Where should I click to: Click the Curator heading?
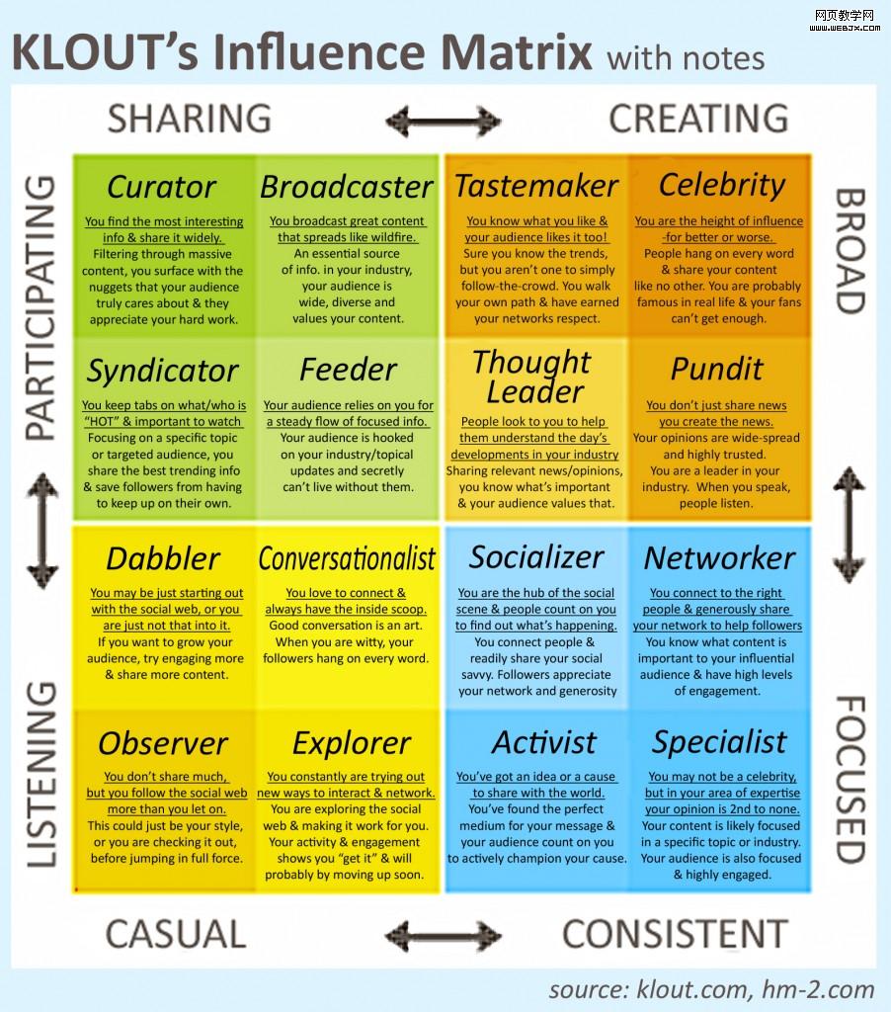click(161, 187)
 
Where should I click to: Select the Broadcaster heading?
click(347, 187)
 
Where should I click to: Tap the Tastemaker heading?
click(536, 186)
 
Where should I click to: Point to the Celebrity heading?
click(722, 185)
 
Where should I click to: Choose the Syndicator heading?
click(162, 372)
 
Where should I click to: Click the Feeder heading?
click(348, 370)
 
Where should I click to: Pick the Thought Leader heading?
click(533, 377)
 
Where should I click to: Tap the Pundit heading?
click(717, 370)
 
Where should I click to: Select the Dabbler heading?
click(162, 558)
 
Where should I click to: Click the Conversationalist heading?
click(347, 558)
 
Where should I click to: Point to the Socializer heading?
click(536, 557)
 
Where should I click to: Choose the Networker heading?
click(719, 558)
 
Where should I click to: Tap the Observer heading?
click(163, 743)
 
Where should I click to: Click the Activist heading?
click(544, 742)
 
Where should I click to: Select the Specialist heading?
click(719, 742)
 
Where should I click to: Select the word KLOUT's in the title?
click(92, 51)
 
